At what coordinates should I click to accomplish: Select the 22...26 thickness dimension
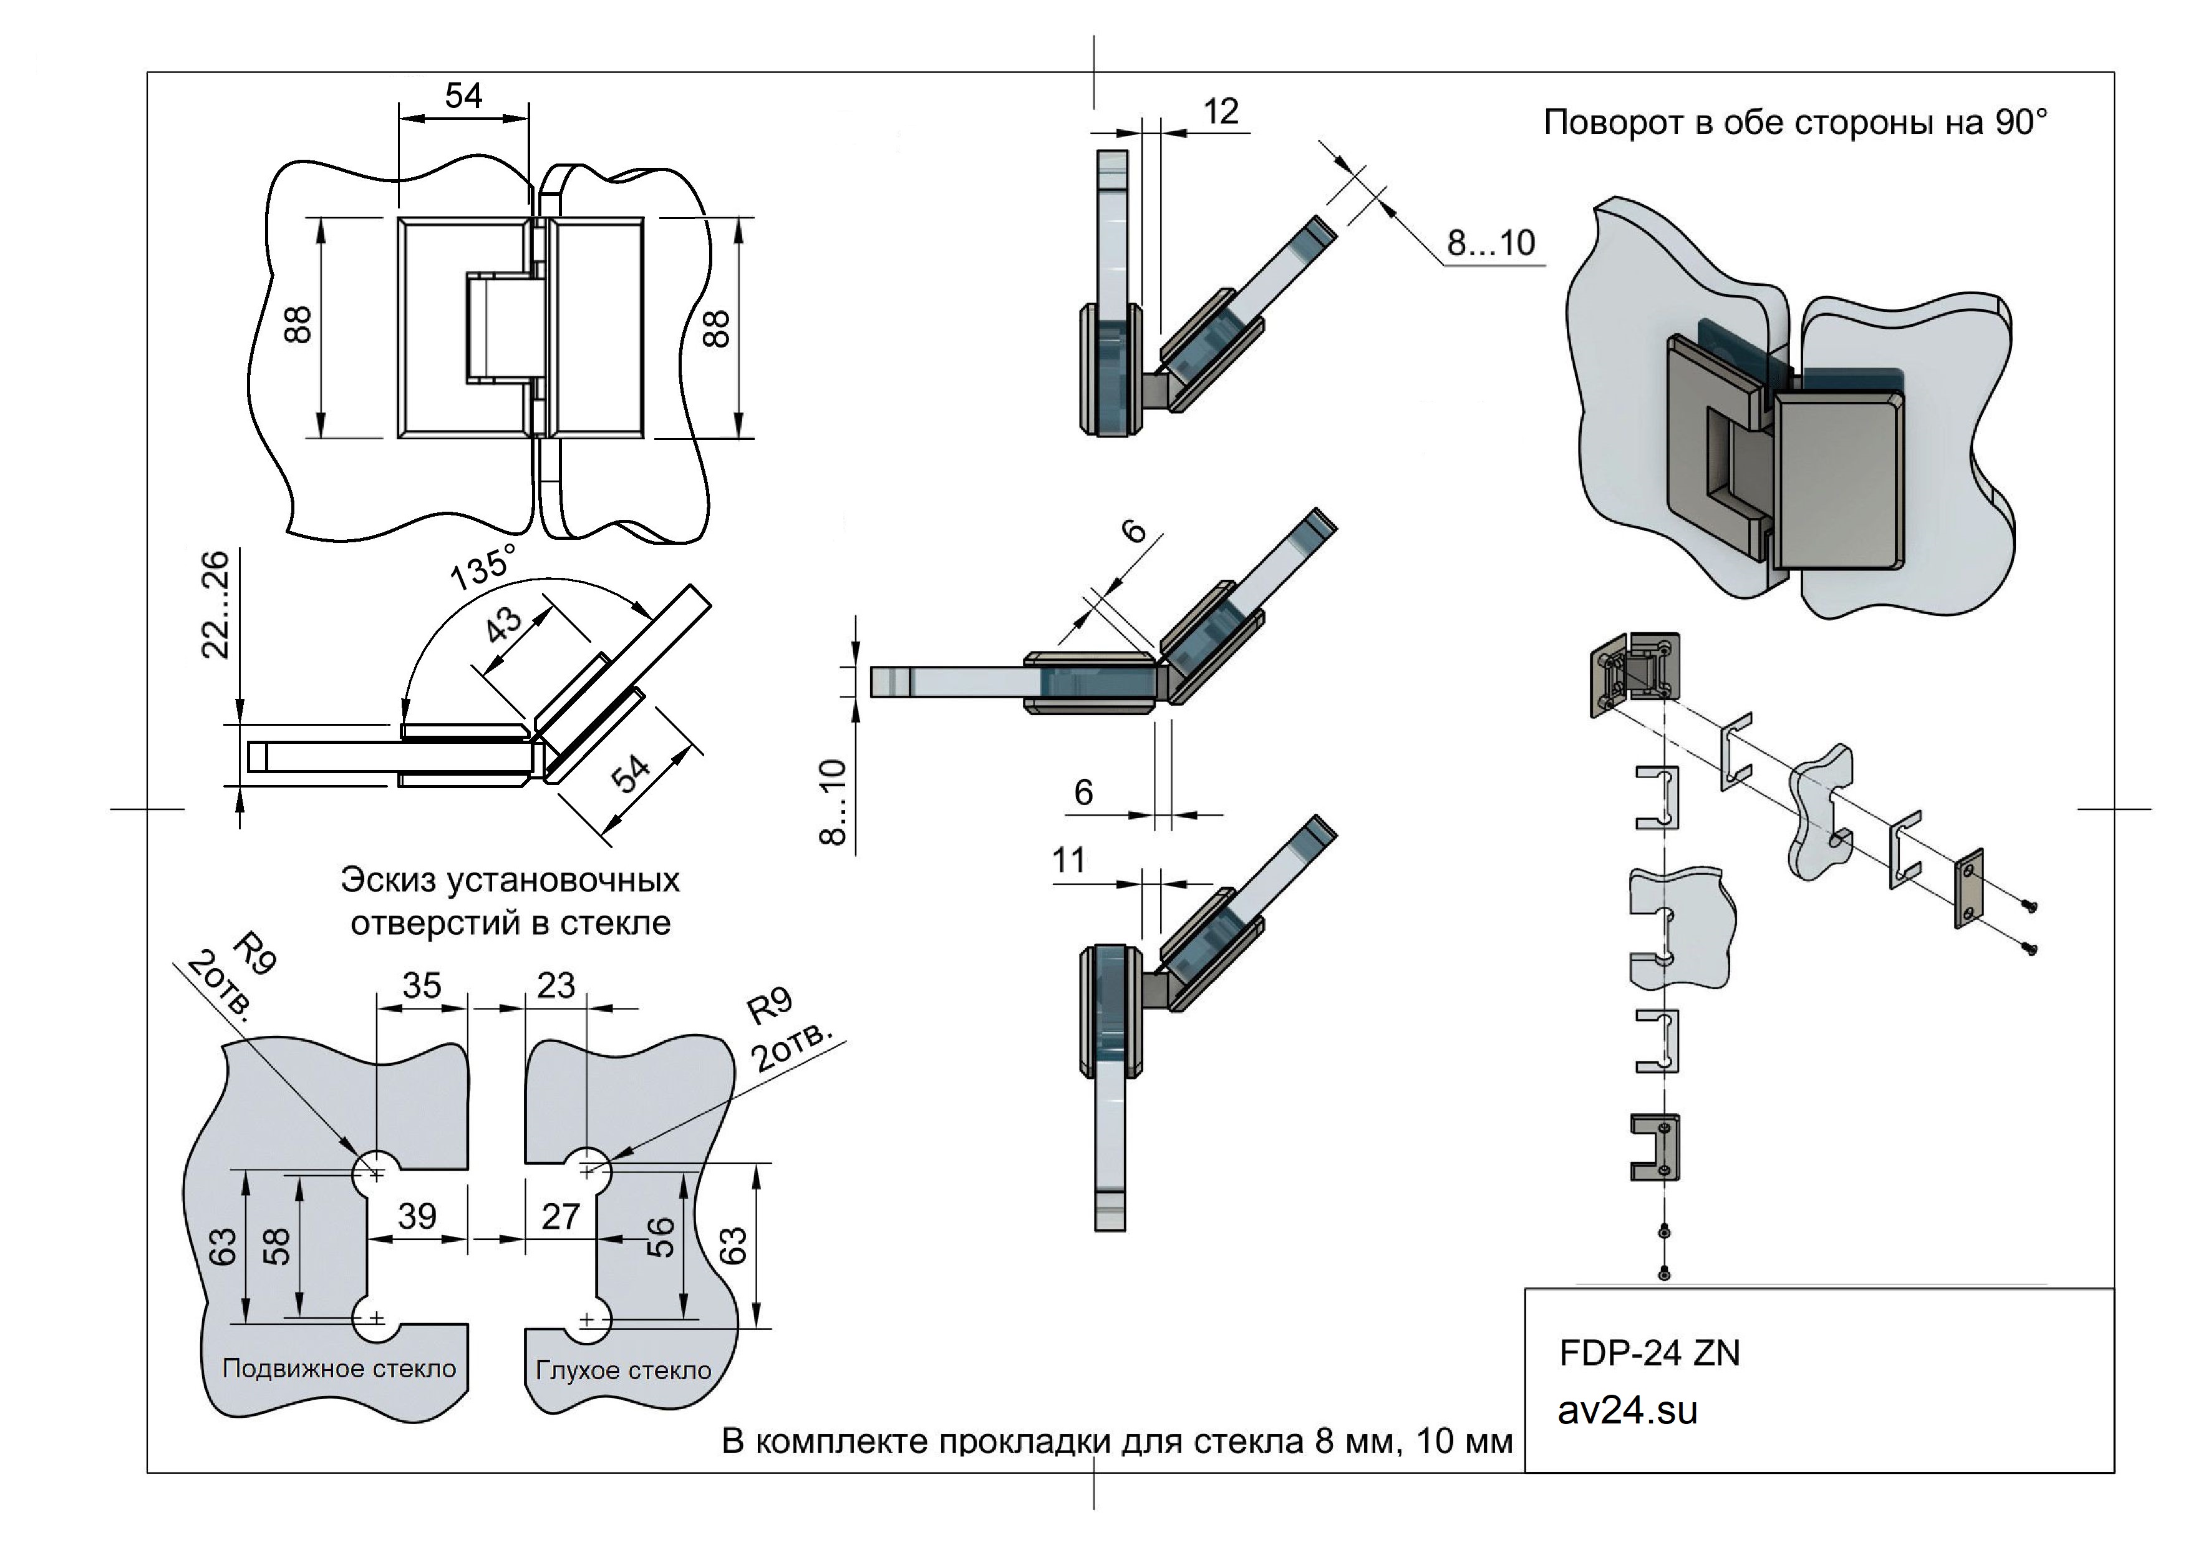click(216, 604)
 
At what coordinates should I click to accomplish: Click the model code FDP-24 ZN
click(1648, 1354)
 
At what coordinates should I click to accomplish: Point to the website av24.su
click(1628, 1412)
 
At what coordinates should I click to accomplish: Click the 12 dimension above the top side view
click(1221, 112)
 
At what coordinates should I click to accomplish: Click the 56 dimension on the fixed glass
click(661, 1237)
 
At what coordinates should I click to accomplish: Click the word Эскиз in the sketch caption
click(388, 880)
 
